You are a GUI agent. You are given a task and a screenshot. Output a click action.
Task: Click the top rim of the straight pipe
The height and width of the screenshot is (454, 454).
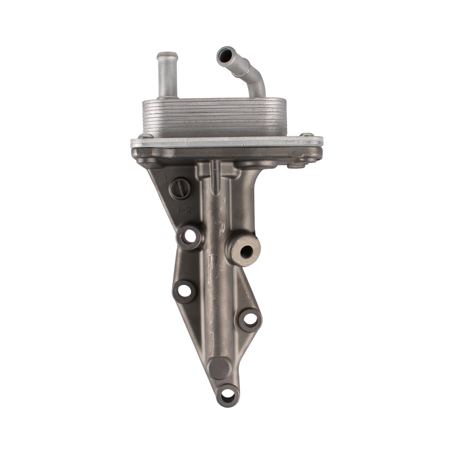pos(167,56)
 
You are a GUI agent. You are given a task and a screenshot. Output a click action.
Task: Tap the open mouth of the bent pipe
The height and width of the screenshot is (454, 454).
pos(225,55)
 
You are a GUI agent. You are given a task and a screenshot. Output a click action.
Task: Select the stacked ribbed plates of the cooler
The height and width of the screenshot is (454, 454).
pos(214,117)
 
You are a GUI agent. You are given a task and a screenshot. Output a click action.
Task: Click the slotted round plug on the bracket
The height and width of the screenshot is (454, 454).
pos(180,189)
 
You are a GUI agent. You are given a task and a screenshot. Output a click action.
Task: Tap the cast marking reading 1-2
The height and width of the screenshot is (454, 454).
pos(184,211)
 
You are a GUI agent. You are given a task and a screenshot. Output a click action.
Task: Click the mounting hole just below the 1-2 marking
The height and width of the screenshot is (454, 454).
pos(190,236)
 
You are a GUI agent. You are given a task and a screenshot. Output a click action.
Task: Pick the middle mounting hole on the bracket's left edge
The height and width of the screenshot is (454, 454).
pos(184,291)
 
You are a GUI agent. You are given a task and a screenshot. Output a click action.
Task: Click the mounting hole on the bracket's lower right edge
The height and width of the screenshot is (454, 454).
pos(250,319)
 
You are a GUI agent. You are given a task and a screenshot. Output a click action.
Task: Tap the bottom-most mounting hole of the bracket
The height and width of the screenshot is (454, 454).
pos(227,394)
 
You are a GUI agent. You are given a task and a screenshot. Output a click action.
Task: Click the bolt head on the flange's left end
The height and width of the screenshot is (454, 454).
pos(145,136)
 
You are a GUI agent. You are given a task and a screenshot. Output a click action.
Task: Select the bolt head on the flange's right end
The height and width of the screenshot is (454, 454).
pos(306,135)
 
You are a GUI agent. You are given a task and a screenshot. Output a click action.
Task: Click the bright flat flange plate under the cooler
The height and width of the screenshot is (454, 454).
pos(227,142)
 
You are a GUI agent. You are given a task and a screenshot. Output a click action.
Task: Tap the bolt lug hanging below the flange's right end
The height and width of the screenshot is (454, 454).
pos(297,164)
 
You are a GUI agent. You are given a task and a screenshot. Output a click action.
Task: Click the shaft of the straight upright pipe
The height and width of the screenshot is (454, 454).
pos(167,80)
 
